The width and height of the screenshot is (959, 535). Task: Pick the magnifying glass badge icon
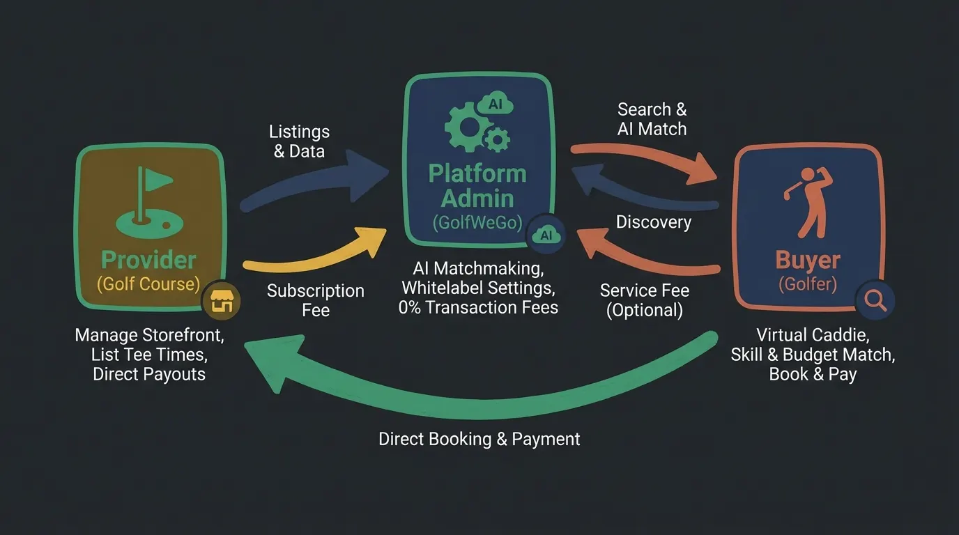(x=875, y=300)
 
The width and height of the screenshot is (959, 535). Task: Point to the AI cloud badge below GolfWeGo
(x=546, y=235)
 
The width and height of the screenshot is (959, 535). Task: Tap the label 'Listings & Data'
(x=299, y=141)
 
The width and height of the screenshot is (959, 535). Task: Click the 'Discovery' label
(x=653, y=222)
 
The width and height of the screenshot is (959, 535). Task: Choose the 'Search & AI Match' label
(x=652, y=119)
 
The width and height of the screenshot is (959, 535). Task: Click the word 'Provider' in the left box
(x=148, y=260)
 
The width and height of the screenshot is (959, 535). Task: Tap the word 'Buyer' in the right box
(x=808, y=259)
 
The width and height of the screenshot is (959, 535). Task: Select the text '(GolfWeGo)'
(x=477, y=222)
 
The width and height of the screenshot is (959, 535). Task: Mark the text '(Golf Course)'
(x=148, y=284)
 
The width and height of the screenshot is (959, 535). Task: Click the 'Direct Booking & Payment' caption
(x=479, y=439)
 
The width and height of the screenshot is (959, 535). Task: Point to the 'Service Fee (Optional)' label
(x=644, y=300)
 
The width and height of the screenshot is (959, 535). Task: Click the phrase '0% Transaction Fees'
(x=478, y=307)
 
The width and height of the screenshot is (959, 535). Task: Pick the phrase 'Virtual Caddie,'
(x=813, y=335)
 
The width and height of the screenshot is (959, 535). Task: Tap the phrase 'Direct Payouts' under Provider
(x=149, y=374)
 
